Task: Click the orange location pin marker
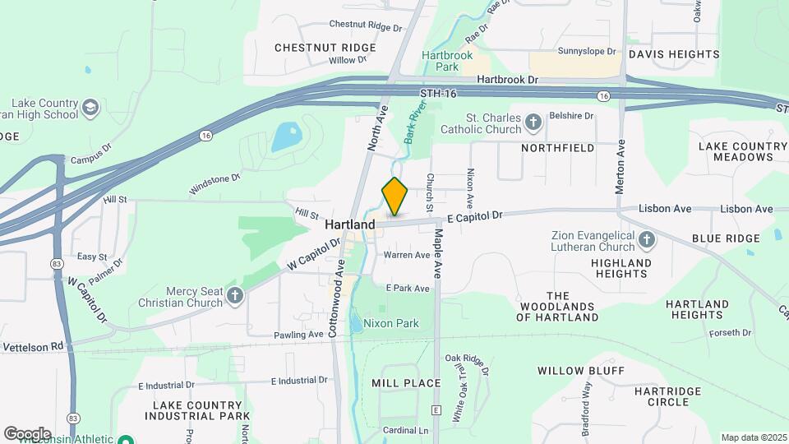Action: (395, 197)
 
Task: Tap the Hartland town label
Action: (349, 224)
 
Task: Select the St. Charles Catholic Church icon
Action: (533, 123)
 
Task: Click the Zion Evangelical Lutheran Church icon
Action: (647, 240)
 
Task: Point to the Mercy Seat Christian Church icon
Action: (236, 296)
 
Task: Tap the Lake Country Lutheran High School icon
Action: (90, 108)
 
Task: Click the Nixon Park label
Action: (391, 323)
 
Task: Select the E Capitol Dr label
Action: (474, 217)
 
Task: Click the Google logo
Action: (27, 433)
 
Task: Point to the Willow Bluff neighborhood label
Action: (577, 371)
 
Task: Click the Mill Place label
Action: (406, 383)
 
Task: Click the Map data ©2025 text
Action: (752, 437)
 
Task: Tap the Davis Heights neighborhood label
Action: (674, 54)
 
